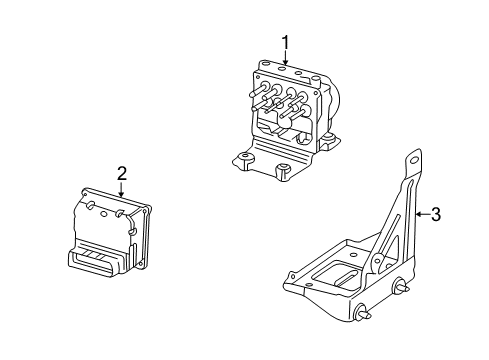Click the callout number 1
pyautogui.click(x=285, y=43)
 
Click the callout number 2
pyautogui.click(x=122, y=174)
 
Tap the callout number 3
pyautogui.click(x=436, y=214)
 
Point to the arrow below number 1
pyautogui.click(x=285, y=58)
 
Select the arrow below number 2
pyautogui.click(x=122, y=189)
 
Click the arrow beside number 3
pyautogui.click(x=423, y=214)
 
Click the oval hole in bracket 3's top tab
pyautogui.click(x=414, y=160)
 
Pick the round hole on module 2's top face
pyautogui.click(x=104, y=214)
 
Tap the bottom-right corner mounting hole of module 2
pyautogui.click(x=141, y=264)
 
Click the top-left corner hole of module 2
pyautogui.click(x=85, y=193)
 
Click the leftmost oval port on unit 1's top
pyautogui.click(x=265, y=62)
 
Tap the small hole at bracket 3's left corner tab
pyautogui.click(x=292, y=277)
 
